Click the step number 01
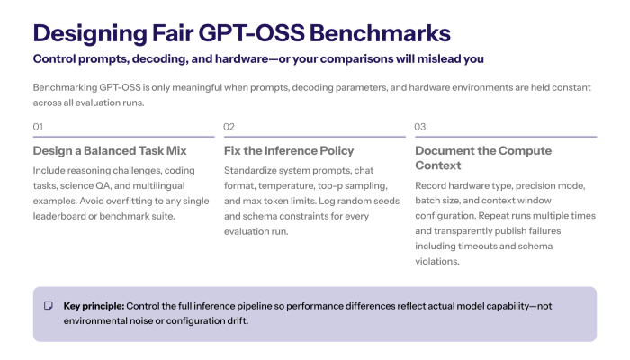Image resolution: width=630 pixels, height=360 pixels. point(38,127)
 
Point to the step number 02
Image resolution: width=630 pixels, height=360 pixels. point(229,127)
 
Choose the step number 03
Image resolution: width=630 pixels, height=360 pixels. point(420,127)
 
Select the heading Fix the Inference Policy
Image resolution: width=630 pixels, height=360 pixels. point(289,150)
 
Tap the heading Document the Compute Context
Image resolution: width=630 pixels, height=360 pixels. point(483,158)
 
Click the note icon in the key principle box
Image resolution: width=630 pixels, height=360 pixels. point(49,306)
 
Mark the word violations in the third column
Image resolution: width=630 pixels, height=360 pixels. point(437,262)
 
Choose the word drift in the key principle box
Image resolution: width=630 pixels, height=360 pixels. point(239,321)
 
